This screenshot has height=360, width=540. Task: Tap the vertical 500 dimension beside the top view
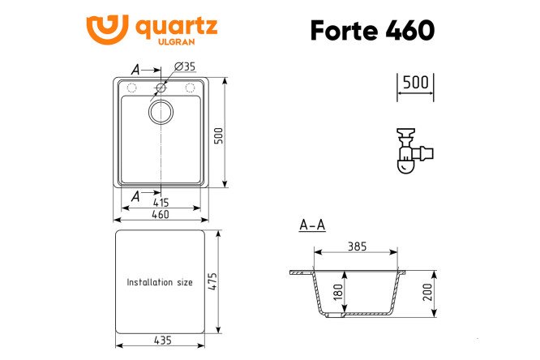click(217, 135)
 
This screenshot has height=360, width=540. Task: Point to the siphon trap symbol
click(413, 150)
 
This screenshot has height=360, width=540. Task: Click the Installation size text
click(160, 282)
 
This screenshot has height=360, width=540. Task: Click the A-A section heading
click(312, 225)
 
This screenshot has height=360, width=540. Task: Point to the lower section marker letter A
click(135, 195)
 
